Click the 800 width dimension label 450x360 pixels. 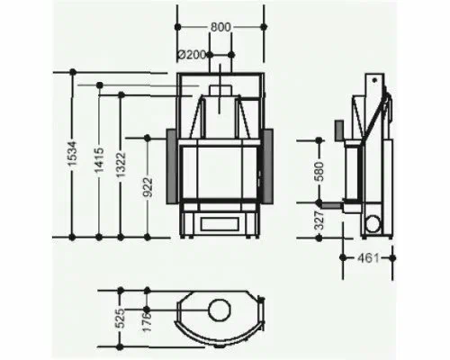[220, 27]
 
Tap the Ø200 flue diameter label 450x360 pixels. [192, 55]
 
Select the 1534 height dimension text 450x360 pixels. [73, 153]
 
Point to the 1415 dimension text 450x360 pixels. [99, 160]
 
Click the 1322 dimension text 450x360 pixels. [121, 165]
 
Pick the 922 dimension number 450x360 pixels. [148, 187]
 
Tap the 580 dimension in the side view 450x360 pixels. [319, 171]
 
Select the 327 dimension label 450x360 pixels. [319, 220]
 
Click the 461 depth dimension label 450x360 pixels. [368, 257]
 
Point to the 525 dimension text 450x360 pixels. [120, 319]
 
